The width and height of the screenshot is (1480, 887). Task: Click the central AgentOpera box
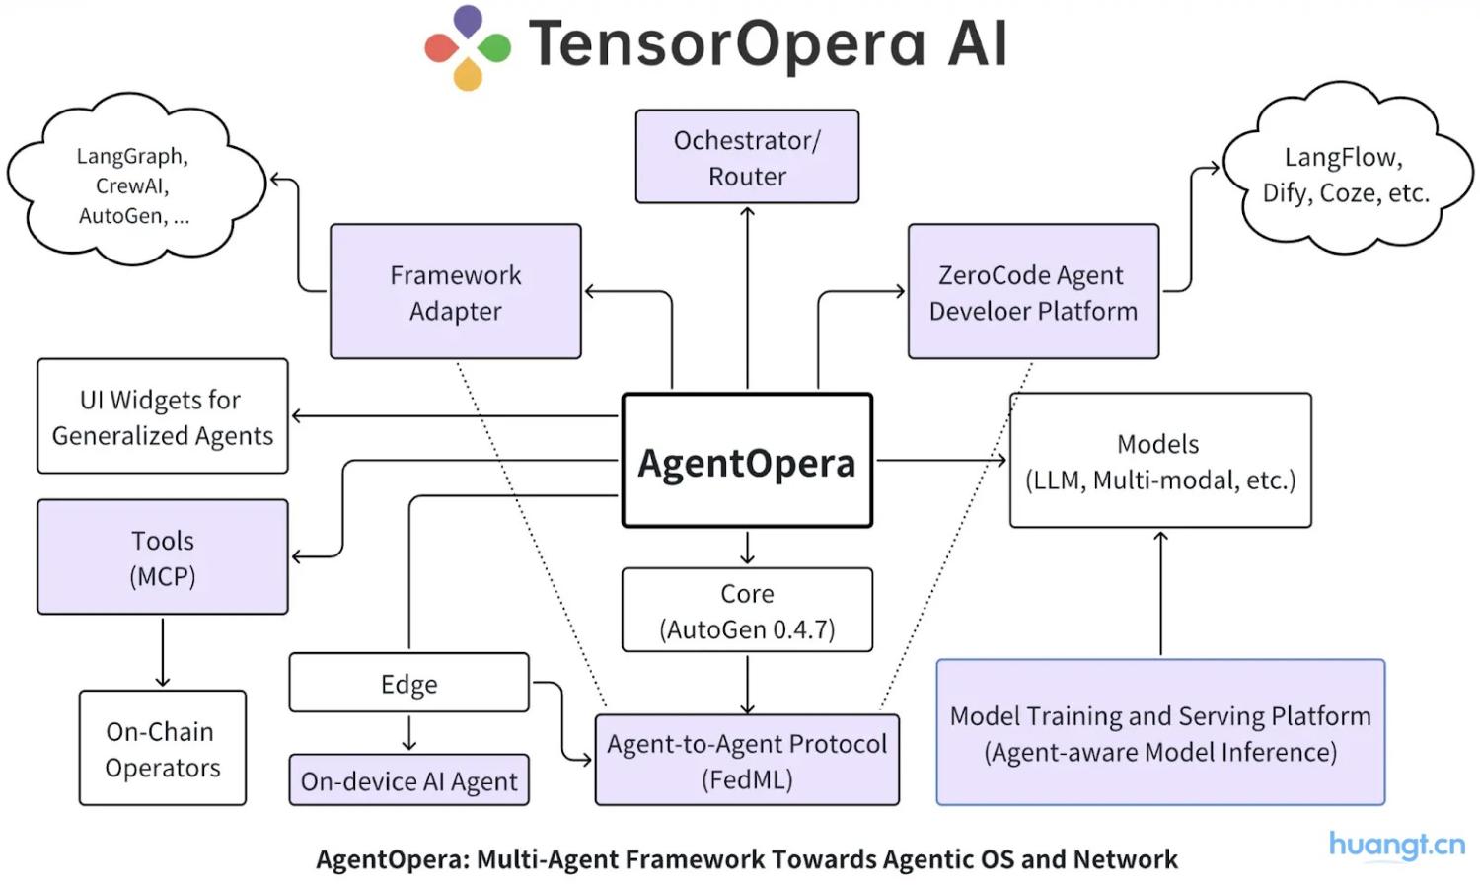coord(747,461)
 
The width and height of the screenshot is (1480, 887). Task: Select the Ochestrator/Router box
coord(747,157)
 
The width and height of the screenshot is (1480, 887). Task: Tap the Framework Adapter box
coord(455,291)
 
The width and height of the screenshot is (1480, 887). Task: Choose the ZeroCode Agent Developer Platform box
coord(1033,291)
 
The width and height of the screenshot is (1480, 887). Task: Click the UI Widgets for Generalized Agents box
coord(163,416)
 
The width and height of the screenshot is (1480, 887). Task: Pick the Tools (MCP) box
coord(163,556)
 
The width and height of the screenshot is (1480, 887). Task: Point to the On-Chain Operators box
coord(163,748)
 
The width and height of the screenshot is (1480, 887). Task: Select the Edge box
coord(408,683)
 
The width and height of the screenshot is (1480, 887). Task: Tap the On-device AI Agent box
coord(408,780)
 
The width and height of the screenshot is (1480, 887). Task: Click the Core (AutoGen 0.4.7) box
coord(747,610)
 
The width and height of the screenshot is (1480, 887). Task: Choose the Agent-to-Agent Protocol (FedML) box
coord(747,760)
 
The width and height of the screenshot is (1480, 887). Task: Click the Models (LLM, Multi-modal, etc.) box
coord(1160,461)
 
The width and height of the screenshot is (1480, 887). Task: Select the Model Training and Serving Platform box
coord(1160,733)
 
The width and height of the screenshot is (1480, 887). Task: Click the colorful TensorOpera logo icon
coord(468,46)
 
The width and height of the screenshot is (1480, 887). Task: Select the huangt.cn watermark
coord(1396,846)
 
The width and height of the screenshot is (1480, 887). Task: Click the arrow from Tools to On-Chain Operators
coord(163,652)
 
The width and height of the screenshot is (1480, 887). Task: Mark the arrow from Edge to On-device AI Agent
coord(408,733)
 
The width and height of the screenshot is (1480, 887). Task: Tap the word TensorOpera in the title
coord(726,44)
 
